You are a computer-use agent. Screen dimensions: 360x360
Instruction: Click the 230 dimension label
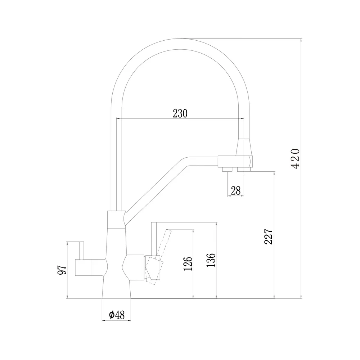[180, 113]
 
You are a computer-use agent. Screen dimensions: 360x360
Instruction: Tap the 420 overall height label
[296, 159]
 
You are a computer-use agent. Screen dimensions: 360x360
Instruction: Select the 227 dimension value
[269, 237]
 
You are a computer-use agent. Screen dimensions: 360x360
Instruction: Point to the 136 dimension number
[211, 260]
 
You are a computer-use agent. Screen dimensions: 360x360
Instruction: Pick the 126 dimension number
[188, 264]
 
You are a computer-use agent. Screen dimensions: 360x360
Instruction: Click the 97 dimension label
[62, 270]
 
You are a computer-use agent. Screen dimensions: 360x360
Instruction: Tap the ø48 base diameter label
[117, 315]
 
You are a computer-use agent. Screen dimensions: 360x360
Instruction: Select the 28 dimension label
[236, 190]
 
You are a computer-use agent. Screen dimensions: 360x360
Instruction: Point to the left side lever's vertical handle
[81, 251]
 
